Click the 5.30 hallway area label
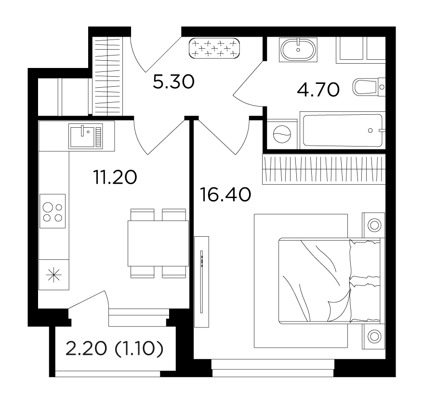pos(173,82)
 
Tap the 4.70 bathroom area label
pos(318,90)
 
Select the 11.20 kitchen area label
pos(115,177)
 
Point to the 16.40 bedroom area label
pos(225,195)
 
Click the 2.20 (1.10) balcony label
pos(114,349)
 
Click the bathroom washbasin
pos(298,50)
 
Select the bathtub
pos(343,130)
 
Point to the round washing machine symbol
pos(282,134)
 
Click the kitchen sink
pos(86,136)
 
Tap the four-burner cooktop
pos(53,211)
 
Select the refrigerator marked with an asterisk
pos(54,275)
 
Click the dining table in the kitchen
pos(158,243)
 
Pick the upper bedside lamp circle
pos(374,225)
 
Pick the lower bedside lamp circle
pos(374,337)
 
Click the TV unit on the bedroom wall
pos(202,282)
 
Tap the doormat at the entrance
pos(214,48)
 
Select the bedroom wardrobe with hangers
pos(324,169)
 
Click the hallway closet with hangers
pos(107,76)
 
